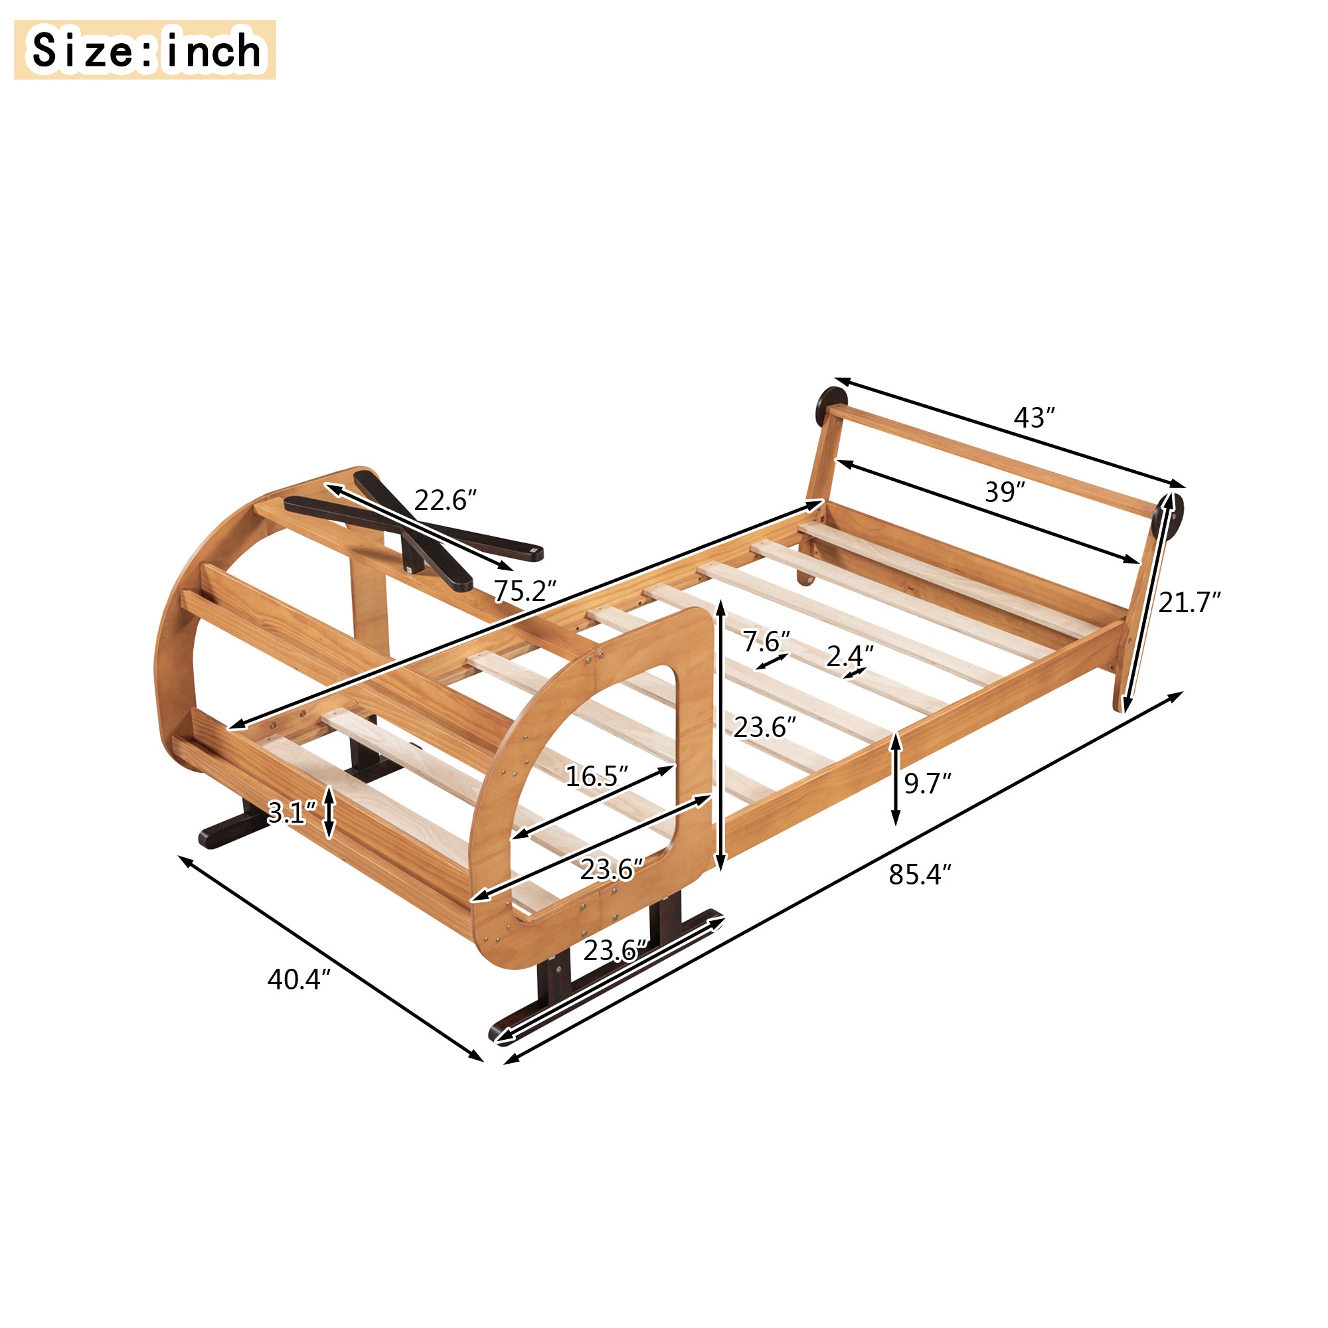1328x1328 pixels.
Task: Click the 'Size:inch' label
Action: point(145,50)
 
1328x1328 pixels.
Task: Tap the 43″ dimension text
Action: point(1033,418)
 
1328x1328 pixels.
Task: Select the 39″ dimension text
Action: point(1004,492)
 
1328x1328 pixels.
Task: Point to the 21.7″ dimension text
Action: point(1189,603)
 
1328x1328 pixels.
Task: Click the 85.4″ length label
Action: point(920,875)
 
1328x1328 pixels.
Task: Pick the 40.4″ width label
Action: point(299,979)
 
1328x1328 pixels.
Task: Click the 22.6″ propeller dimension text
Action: point(445,501)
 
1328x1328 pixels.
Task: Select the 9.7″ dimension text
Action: point(926,784)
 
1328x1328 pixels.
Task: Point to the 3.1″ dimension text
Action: point(291,813)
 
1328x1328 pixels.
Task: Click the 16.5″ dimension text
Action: point(596,777)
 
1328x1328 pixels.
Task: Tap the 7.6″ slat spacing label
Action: point(766,642)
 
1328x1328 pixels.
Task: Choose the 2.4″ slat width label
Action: point(850,657)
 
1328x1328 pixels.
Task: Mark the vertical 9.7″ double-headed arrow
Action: point(896,780)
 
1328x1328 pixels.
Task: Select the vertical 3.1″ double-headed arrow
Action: point(329,813)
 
